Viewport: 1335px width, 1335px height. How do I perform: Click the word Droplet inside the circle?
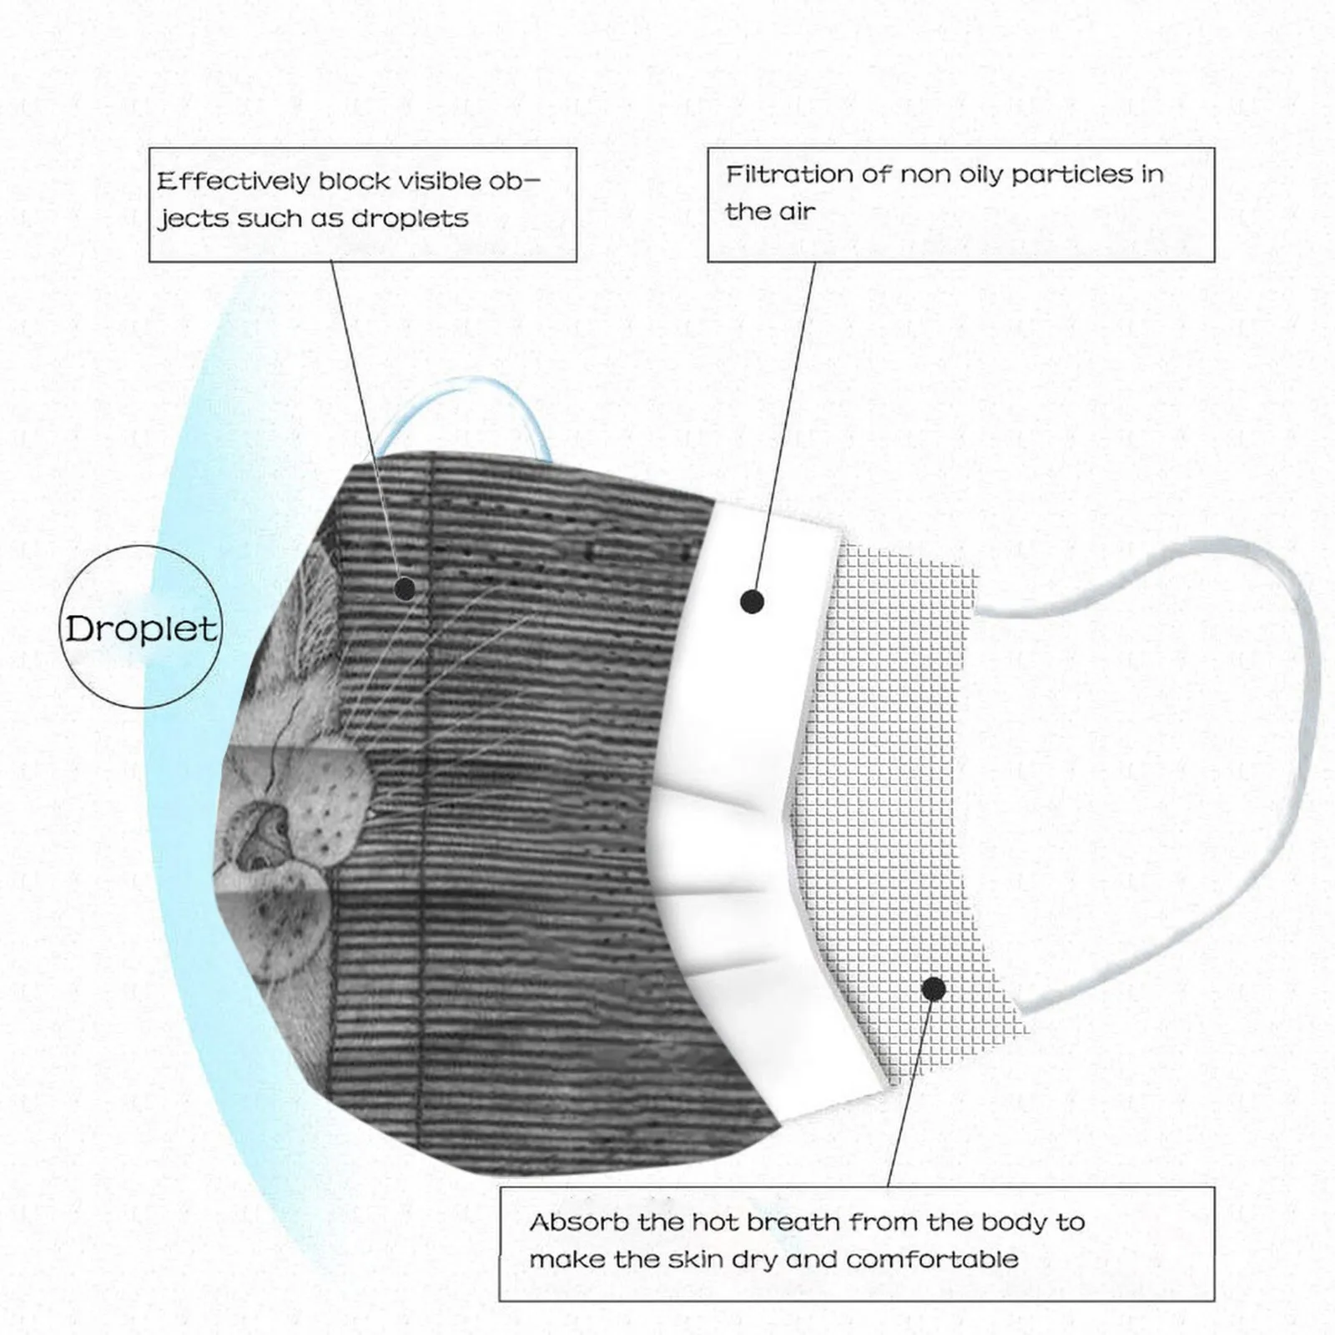point(141,628)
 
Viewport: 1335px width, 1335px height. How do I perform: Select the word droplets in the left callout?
point(410,219)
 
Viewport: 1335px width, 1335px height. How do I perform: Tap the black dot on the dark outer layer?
point(405,589)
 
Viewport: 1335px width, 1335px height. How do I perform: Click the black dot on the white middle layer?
point(752,601)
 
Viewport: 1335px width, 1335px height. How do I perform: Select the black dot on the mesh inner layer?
point(934,990)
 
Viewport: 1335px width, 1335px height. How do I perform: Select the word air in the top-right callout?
point(797,212)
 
